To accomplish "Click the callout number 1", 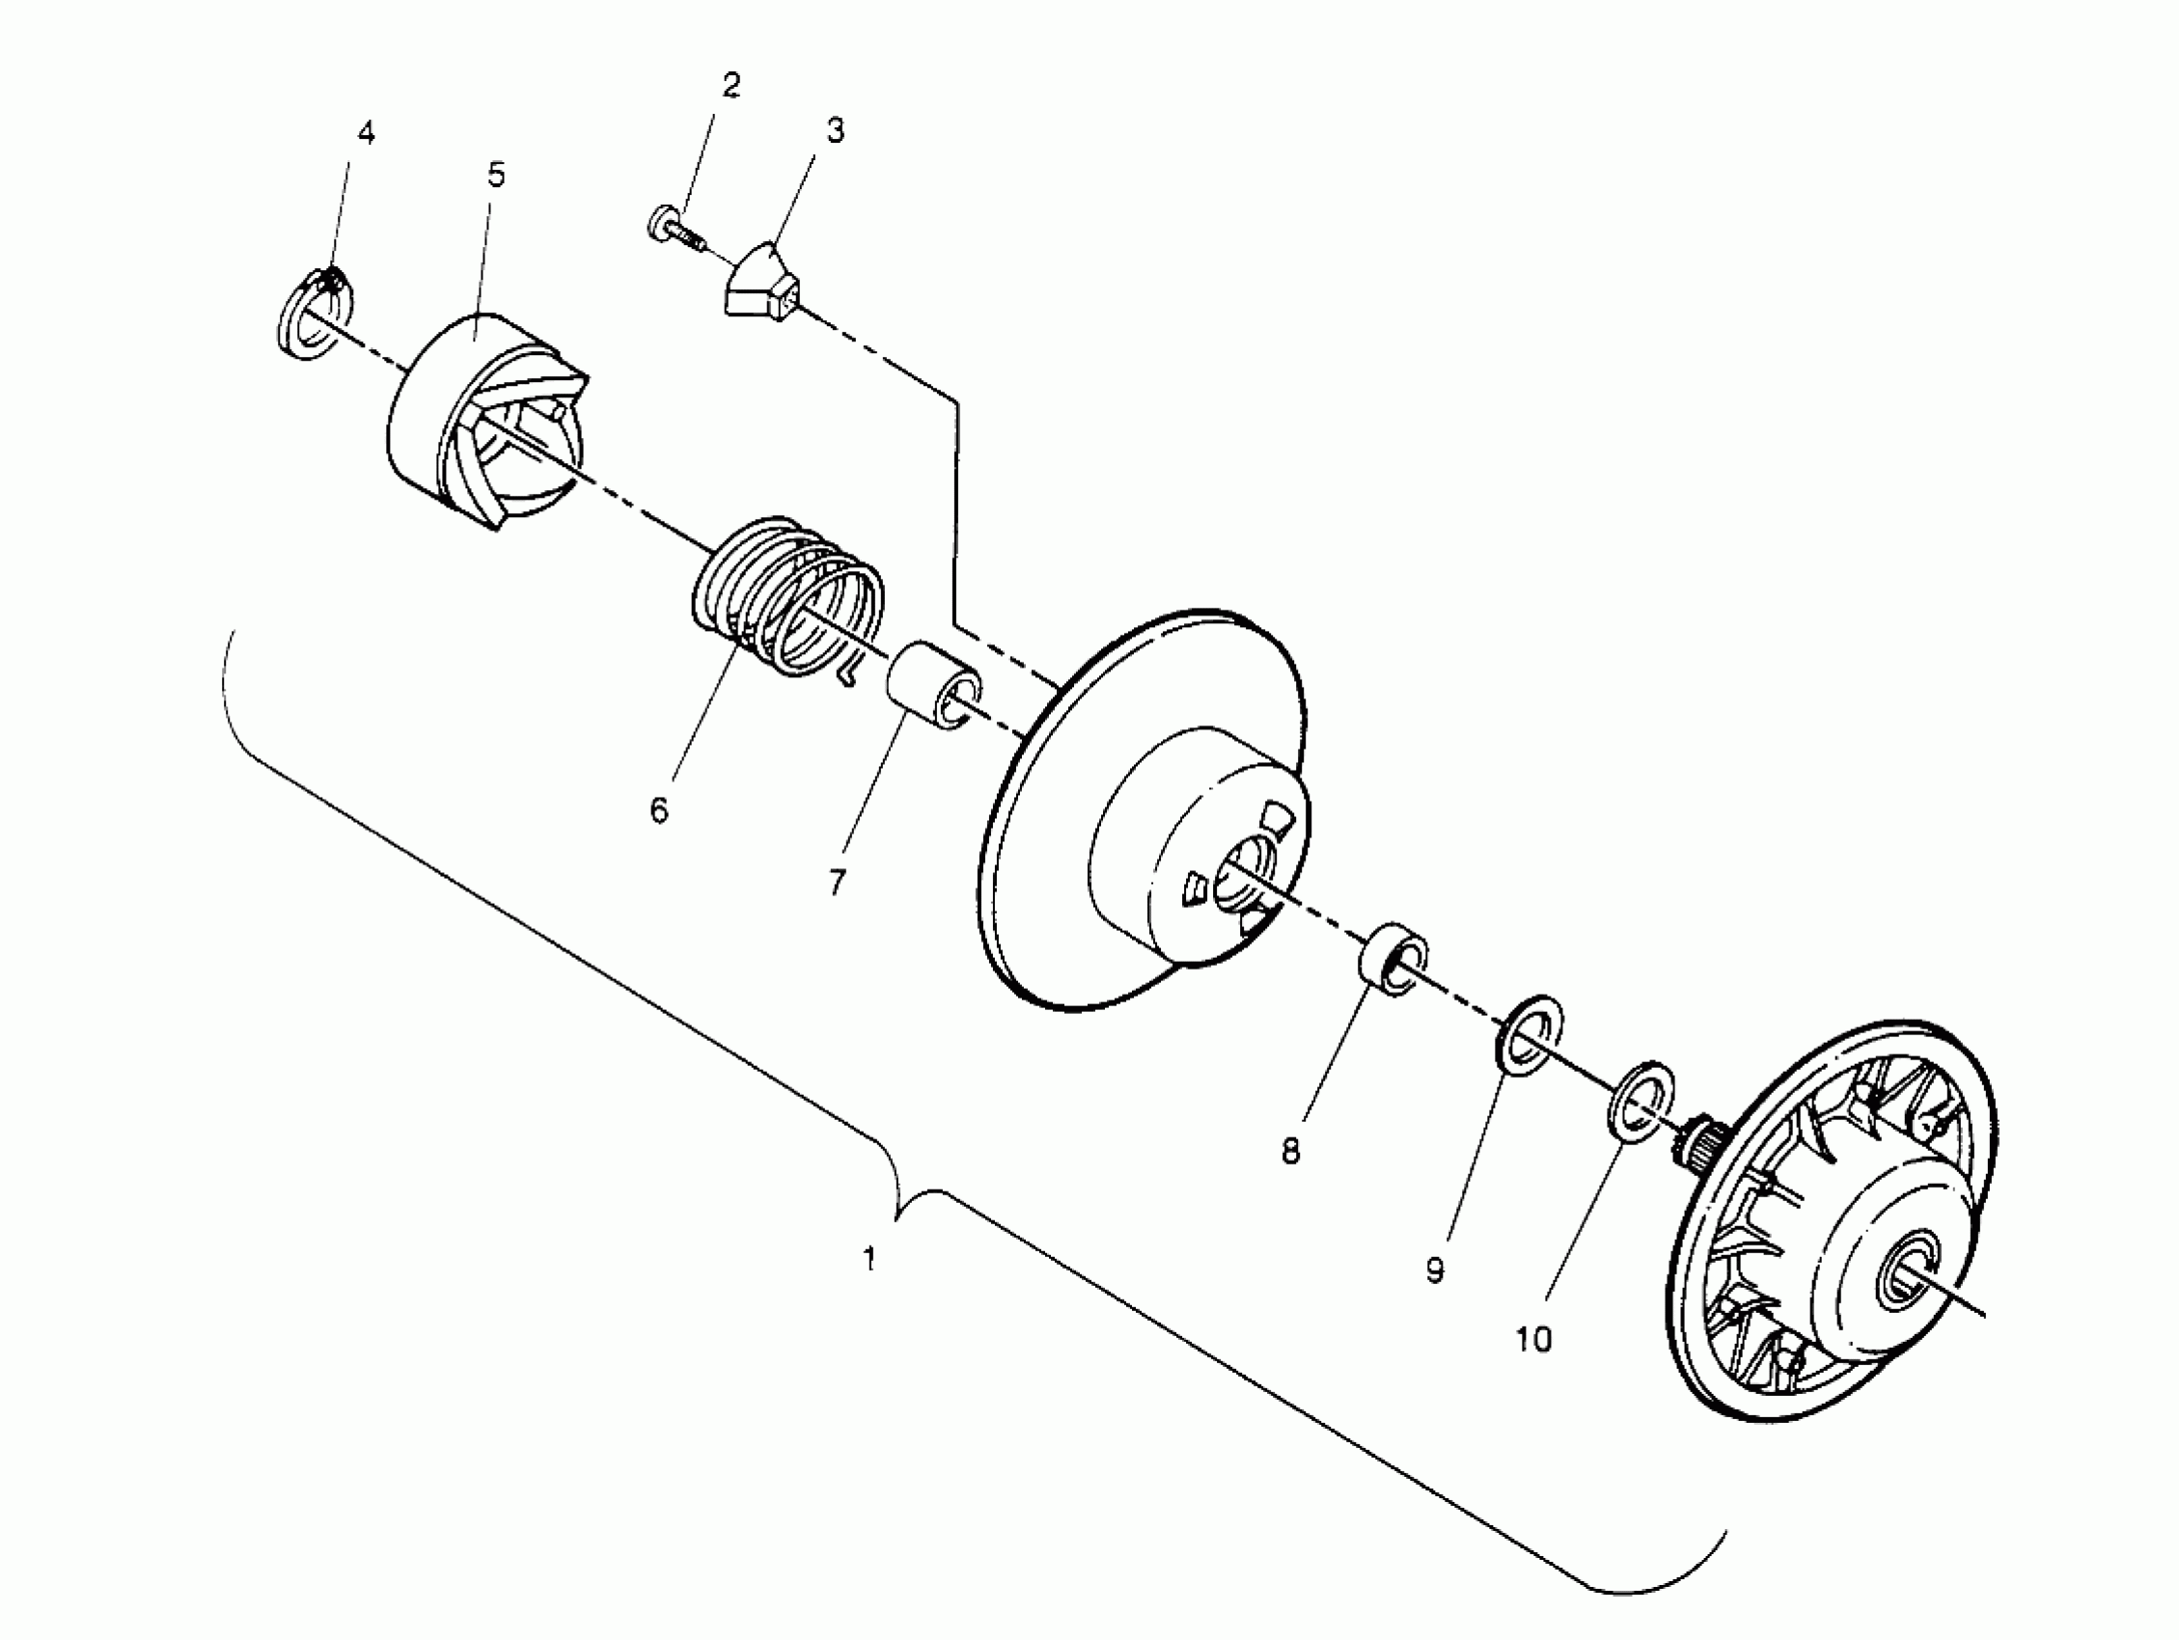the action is [x=869, y=1259].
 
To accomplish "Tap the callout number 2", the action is [x=731, y=86].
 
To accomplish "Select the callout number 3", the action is [x=836, y=130].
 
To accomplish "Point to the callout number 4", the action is [x=367, y=133].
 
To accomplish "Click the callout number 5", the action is [x=496, y=176].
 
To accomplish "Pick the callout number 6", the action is [x=659, y=810].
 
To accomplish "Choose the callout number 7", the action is [x=838, y=882].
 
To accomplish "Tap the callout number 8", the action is [x=1290, y=1151].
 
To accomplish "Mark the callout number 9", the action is [x=1435, y=1271].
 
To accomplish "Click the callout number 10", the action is [x=1532, y=1340].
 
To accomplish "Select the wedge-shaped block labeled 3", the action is [x=763, y=283].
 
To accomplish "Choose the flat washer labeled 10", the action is [x=1638, y=1102].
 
